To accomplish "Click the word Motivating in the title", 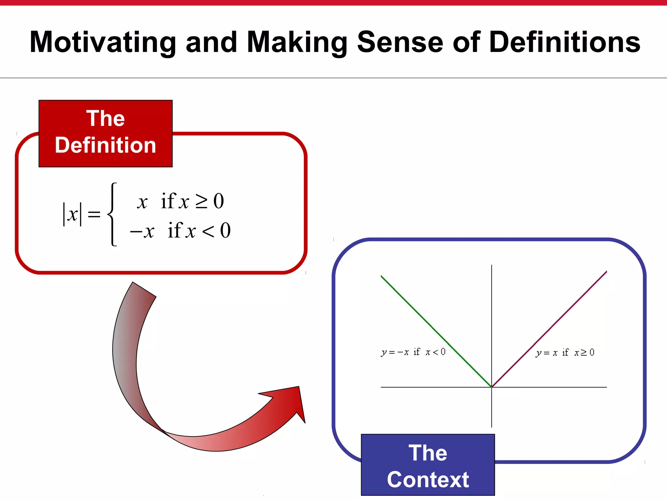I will tap(103, 42).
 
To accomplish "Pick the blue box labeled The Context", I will tap(428, 464).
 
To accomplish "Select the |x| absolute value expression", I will tap(72, 214).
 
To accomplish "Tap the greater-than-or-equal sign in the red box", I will tap(201, 201).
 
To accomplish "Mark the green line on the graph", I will tap(436, 331).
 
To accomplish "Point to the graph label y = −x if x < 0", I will tap(413, 352).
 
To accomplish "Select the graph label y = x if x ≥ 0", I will tap(565, 353).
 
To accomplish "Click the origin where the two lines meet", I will tap(491, 387).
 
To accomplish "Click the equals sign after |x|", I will tap(94, 214).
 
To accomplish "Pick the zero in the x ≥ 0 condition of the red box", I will tap(219, 201).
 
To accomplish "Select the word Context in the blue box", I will tap(428, 479).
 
